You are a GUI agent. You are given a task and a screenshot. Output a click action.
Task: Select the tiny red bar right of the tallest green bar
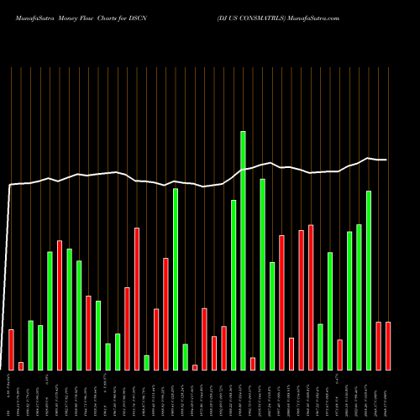click(253, 363)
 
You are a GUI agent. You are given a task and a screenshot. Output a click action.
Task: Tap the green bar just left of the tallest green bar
click(234, 285)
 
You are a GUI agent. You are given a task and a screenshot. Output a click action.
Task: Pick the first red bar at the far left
click(11, 349)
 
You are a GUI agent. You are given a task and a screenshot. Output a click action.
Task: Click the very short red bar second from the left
click(21, 365)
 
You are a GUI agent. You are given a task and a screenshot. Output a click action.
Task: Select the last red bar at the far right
click(388, 345)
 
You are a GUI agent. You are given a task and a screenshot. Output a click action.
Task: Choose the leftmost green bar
click(30, 344)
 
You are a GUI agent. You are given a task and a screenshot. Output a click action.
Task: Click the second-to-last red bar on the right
click(379, 345)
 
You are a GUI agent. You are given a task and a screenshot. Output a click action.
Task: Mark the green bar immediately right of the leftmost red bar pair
click(30, 344)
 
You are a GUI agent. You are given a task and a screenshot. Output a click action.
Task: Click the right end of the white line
click(387, 160)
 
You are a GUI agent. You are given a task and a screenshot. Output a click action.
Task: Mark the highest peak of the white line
click(368, 158)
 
